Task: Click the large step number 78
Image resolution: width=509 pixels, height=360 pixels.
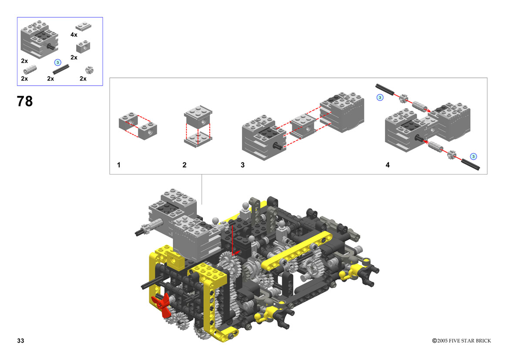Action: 25,101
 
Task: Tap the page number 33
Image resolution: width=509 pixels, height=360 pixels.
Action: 20,340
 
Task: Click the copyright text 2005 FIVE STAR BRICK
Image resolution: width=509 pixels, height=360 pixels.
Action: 464,340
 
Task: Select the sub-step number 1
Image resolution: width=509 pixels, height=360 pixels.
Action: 119,165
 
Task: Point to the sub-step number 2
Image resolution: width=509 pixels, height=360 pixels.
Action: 184,165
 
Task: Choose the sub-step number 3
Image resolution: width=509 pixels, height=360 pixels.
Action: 243,165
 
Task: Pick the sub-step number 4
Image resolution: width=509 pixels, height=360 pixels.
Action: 388,165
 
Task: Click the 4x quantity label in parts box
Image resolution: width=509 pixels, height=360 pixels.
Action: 74,34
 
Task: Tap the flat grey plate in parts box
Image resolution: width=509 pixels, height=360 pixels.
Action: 84,26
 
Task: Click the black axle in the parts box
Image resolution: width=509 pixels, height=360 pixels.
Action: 61,69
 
